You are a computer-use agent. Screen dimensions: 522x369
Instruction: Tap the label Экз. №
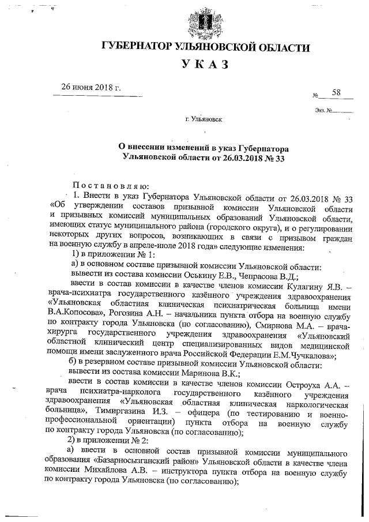pos(323,110)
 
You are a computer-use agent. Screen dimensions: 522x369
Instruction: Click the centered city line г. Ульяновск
pos(204,120)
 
